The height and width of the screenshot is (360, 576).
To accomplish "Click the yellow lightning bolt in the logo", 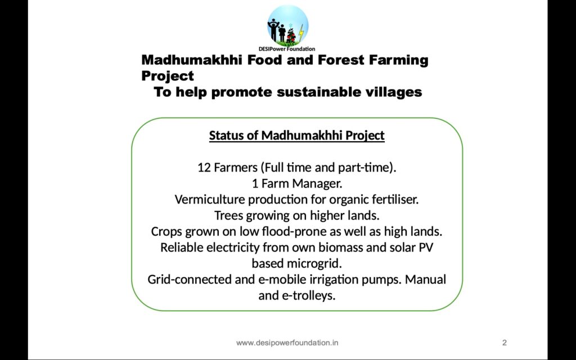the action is [x=301, y=33].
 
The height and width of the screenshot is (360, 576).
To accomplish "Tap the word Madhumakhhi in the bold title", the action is [x=192, y=60].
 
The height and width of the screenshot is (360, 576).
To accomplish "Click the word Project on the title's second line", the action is [x=168, y=76].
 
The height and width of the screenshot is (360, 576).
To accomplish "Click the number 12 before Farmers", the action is [x=204, y=168].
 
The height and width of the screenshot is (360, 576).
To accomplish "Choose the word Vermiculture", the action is [x=210, y=200].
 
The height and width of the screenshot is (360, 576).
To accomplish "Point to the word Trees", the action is [x=228, y=215].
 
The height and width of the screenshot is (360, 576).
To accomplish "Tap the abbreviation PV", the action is [x=426, y=247].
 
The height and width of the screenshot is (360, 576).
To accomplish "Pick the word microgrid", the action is [x=314, y=263].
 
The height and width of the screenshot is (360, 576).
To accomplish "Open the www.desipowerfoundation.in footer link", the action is [x=287, y=343].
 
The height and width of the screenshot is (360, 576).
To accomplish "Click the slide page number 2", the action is [x=505, y=343].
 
